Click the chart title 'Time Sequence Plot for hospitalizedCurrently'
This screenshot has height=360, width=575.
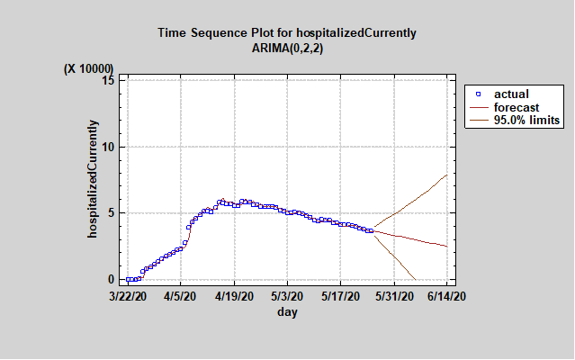[x=287, y=33]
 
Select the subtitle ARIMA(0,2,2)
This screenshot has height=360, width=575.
[x=287, y=48]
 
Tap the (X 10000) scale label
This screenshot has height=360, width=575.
[x=89, y=68]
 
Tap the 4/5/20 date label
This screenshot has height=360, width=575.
[x=184, y=294]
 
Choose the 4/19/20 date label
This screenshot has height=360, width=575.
[x=236, y=294]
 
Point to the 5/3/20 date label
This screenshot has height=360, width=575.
[x=290, y=294]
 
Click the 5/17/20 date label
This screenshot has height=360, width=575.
[x=341, y=294]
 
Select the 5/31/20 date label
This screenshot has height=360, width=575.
[x=393, y=294]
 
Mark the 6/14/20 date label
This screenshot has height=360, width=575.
[x=445, y=294]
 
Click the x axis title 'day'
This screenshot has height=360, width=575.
[x=287, y=312]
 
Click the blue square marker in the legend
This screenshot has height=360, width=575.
[x=479, y=94]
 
